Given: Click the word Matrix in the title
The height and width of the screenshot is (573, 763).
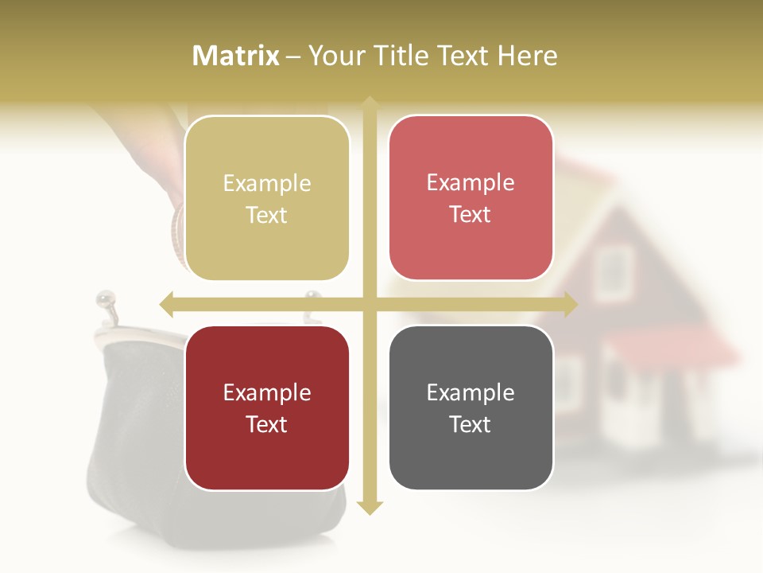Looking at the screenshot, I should tap(236, 56).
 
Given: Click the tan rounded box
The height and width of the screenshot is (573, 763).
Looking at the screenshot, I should tap(267, 198).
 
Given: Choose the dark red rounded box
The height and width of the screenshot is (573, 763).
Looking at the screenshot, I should tap(267, 407).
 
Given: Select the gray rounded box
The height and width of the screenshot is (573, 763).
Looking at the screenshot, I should tap(471, 407).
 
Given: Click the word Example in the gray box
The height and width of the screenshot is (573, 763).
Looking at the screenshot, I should tap(471, 392).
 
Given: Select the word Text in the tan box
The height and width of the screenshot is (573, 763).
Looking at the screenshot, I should tap(267, 216).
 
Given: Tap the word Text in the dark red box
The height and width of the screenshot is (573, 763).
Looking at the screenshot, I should tap(267, 424).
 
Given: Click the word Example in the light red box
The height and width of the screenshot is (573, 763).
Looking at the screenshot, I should tap(471, 183).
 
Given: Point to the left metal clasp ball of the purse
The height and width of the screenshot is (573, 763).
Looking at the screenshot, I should tap(102, 299).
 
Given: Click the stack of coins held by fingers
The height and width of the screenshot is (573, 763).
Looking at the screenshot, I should tap(177, 235).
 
